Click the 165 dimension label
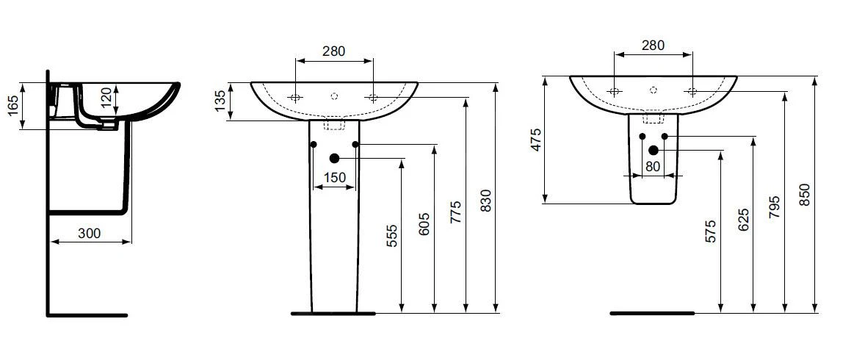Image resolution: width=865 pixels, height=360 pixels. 13,106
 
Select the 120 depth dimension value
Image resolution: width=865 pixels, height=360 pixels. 106,98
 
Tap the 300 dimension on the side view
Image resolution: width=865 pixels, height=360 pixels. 90,234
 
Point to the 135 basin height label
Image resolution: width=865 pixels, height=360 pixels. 220,101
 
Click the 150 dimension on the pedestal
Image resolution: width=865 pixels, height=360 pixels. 334,177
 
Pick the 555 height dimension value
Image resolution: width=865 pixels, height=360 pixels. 391,236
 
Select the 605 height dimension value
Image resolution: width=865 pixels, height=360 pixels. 424,223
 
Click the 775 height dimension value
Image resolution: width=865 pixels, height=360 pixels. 456,212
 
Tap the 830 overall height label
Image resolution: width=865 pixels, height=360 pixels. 485,201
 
